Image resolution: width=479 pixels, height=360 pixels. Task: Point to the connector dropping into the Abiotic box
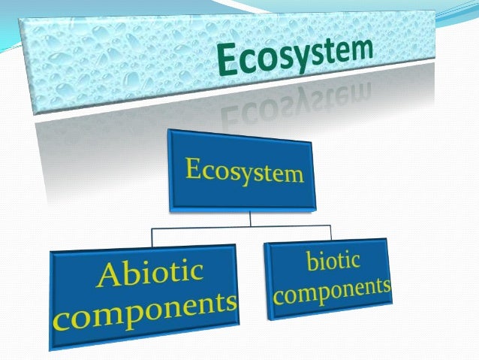152,237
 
